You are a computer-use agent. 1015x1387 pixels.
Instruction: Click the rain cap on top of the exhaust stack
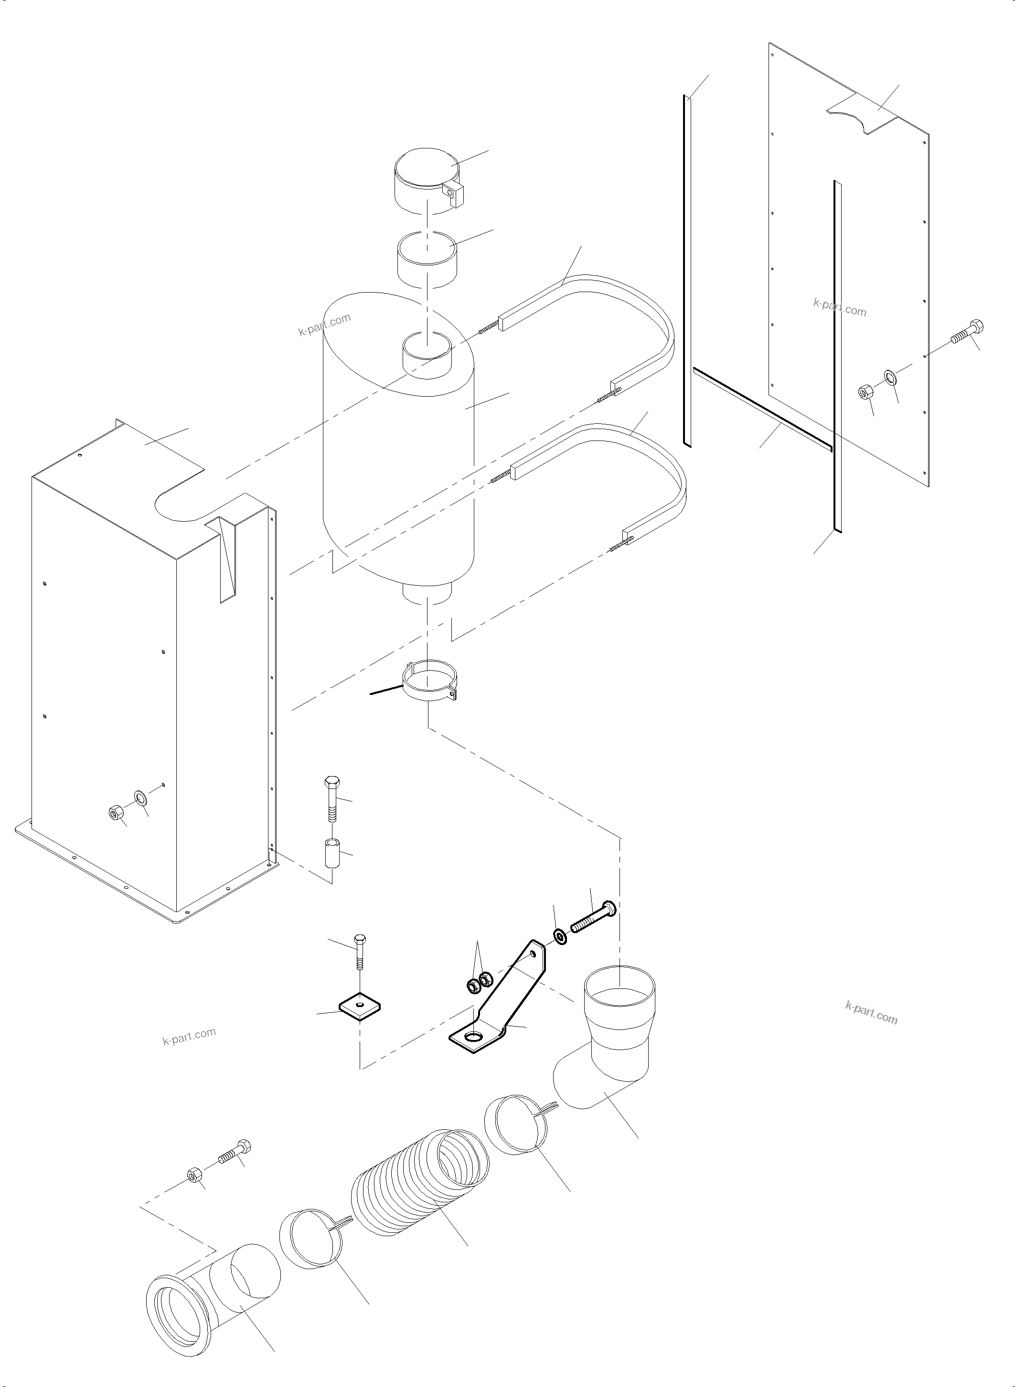tap(425, 181)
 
